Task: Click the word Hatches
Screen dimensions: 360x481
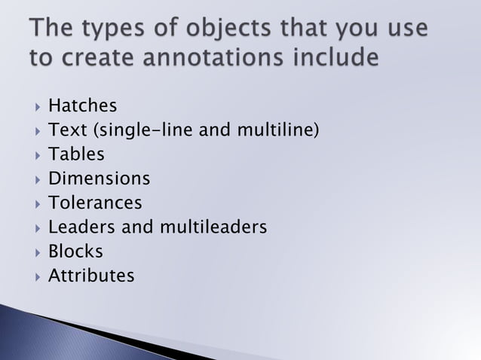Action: pyautogui.click(x=82, y=106)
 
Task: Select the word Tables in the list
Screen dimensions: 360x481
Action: pyautogui.click(x=76, y=154)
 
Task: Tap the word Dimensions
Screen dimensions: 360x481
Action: pyautogui.click(x=99, y=179)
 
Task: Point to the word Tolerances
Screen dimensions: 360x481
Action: pyautogui.click(x=95, y=203)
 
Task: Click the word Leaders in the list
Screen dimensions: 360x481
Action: pyautogui.click(x=78, y=227)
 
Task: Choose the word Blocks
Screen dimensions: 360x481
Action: pyautogui.click(x=75, y=252)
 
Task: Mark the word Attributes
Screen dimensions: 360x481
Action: pyautogui.click(x=91, y=276)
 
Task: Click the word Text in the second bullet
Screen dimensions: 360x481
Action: pyautogui.click(x=66, y=130)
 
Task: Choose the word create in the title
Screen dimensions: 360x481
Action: pyautogui.click(x=96, y=56)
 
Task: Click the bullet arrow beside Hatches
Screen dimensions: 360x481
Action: pyautogui.click(x=35, y=107)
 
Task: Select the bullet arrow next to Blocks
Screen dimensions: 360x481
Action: pyautogui.click(x=35, y=252)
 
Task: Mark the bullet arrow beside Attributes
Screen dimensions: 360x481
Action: pyautogui.click(x=35, y=276)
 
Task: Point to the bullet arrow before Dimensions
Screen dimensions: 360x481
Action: pyautogui.click(x=35, y=180)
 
